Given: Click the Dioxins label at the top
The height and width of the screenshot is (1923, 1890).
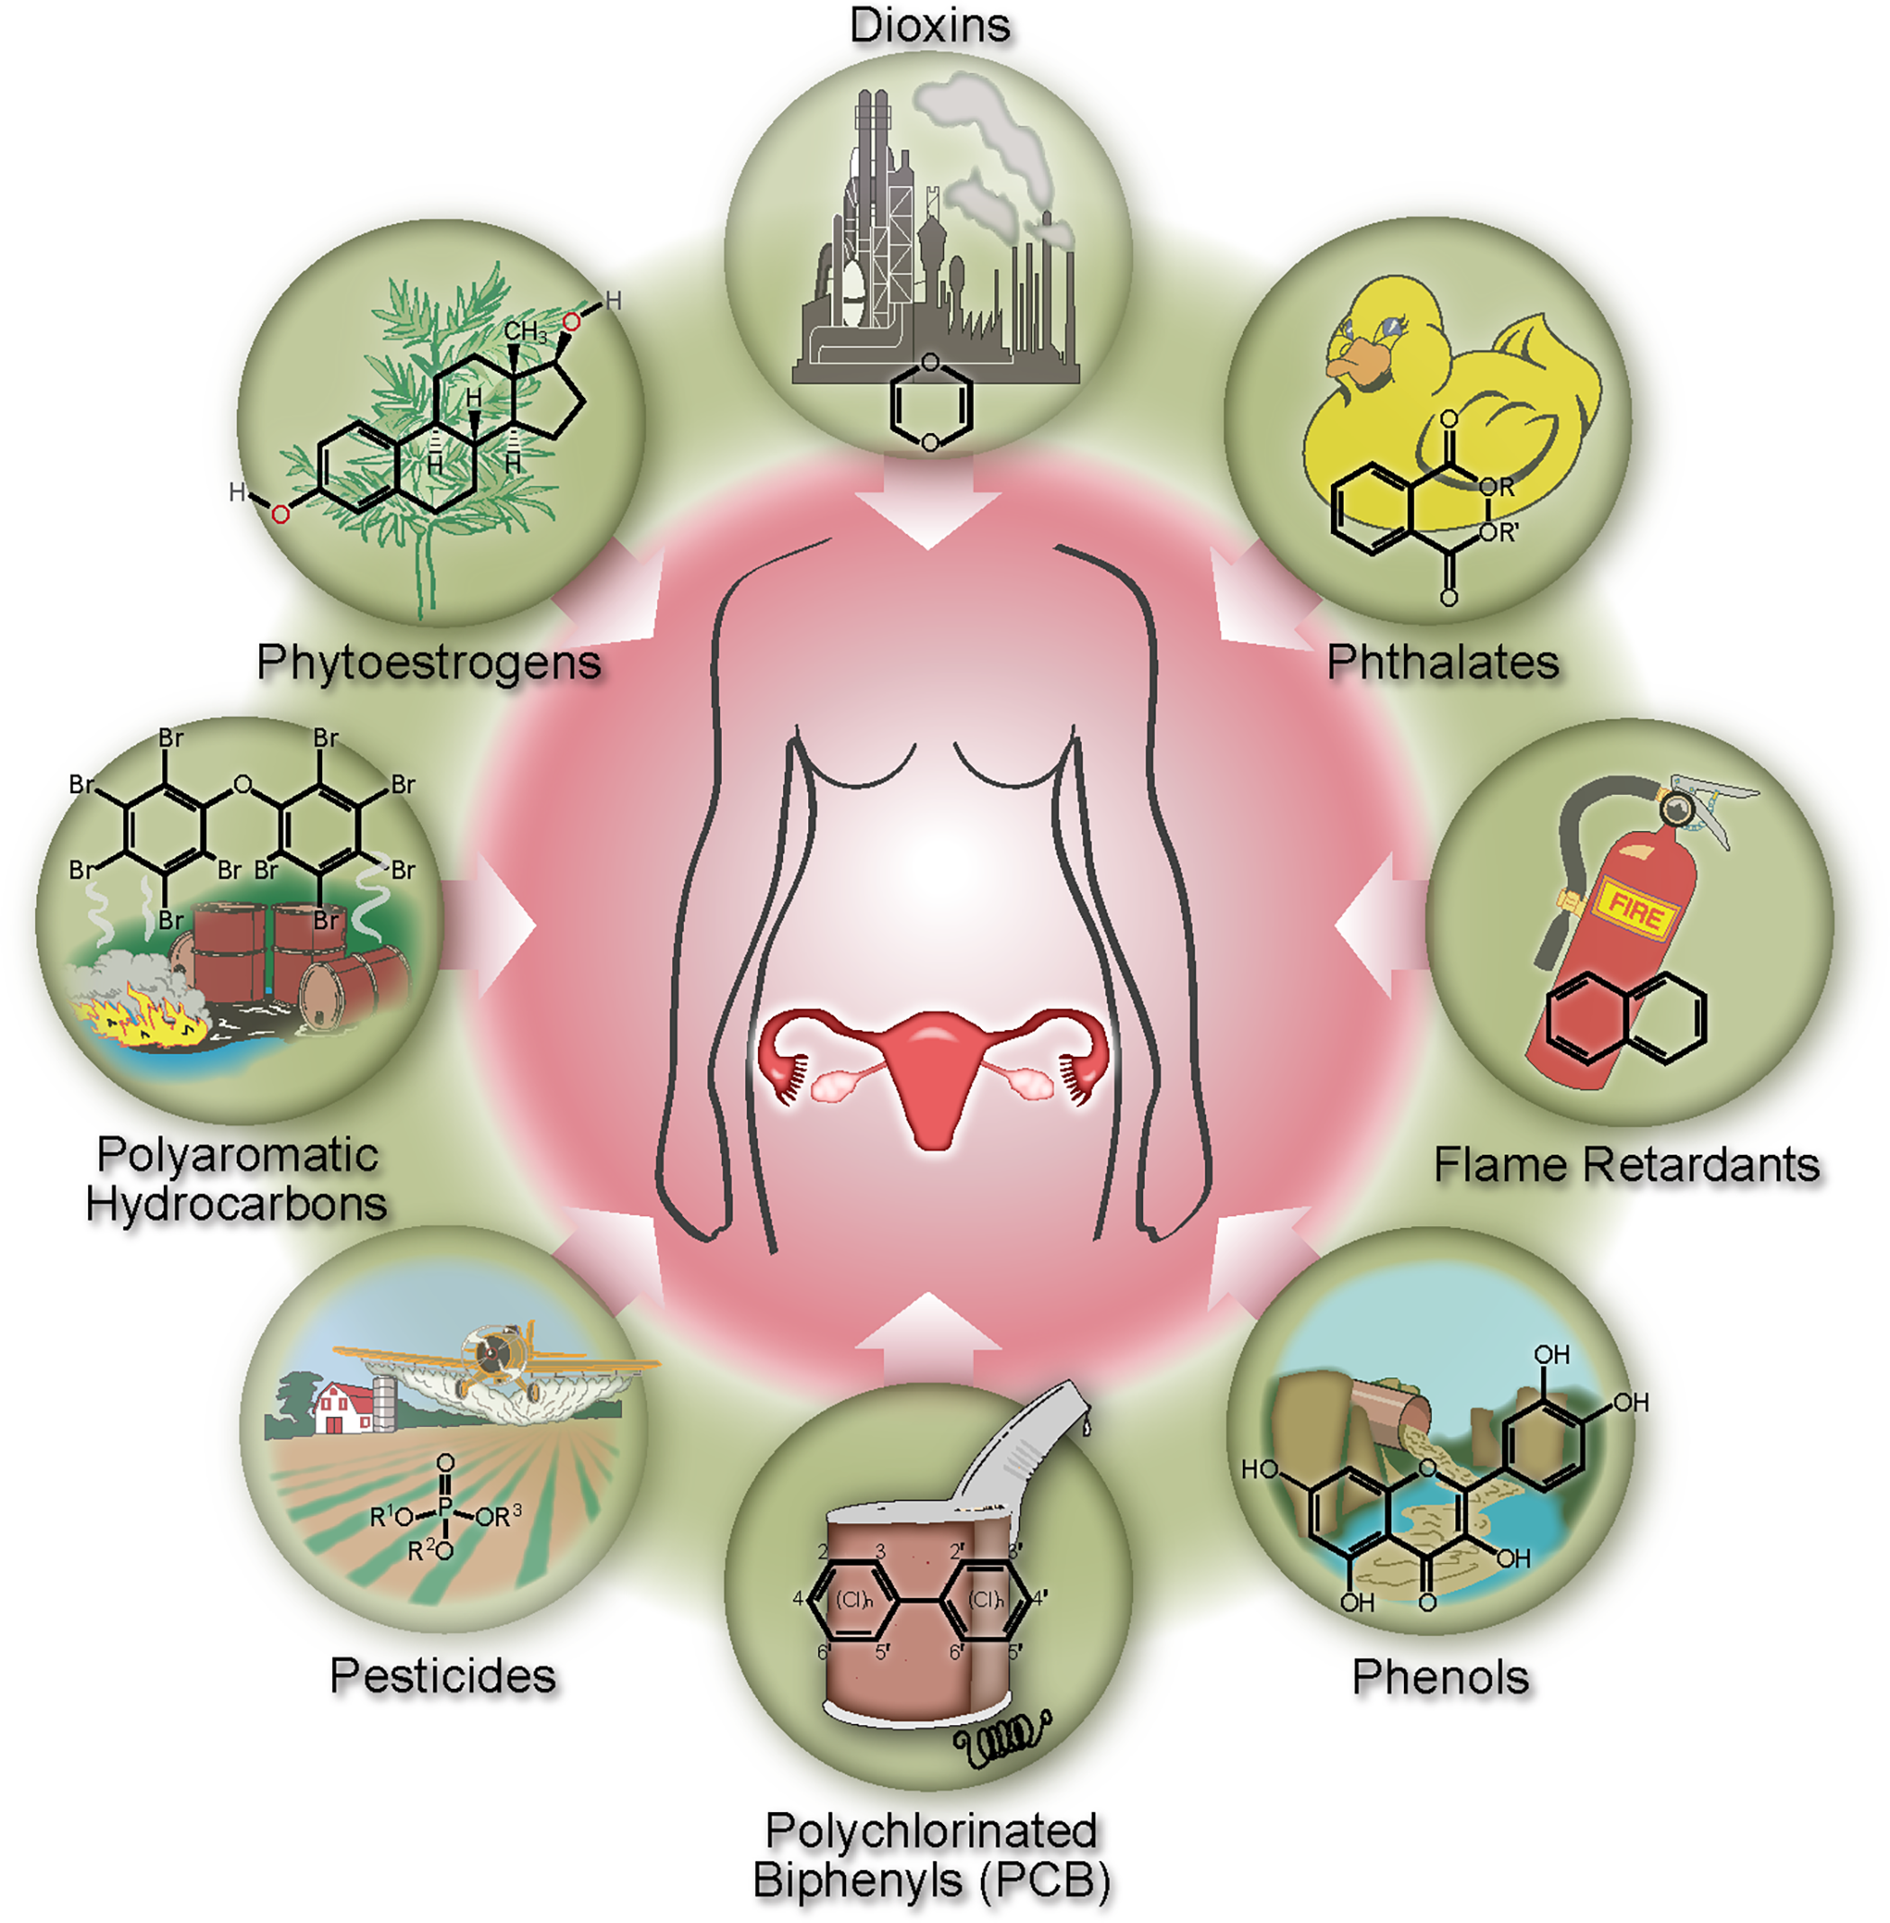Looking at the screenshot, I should point(929,27).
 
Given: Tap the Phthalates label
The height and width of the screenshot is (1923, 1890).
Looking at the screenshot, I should point(1443,663).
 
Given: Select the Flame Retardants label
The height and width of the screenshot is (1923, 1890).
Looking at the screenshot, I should point(1626,1165).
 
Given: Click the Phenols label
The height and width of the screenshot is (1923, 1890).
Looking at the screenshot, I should point(1440,1678).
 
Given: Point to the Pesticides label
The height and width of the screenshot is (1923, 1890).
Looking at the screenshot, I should point(443,1675).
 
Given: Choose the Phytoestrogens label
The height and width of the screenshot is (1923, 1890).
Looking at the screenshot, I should point(428,663).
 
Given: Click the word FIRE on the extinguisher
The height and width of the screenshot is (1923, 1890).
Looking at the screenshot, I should point(1635,911).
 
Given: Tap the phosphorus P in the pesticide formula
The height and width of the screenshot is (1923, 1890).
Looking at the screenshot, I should point(445,1509).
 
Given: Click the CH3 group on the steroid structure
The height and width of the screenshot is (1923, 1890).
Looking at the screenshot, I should point(525,331).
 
